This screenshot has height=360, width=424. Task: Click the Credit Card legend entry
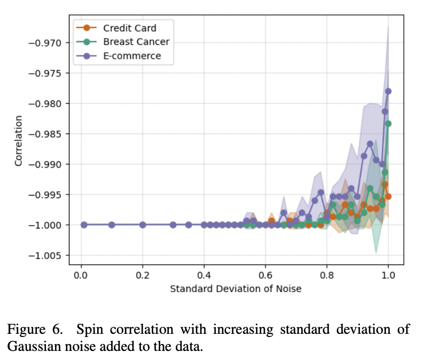pos(130,28)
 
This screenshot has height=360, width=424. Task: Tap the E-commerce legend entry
pos(132,56)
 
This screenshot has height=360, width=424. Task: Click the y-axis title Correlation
pos(19,141)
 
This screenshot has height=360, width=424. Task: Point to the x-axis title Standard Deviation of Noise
pos(235,289)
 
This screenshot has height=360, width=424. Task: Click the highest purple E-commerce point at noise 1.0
pos(388,91)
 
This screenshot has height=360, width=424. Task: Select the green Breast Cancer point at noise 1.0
pos(388,123)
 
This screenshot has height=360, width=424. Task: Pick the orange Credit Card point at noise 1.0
pos(388,197)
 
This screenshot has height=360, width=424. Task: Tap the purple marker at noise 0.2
pos(143,225)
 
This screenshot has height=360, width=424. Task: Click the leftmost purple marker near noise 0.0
pos(84,225)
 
